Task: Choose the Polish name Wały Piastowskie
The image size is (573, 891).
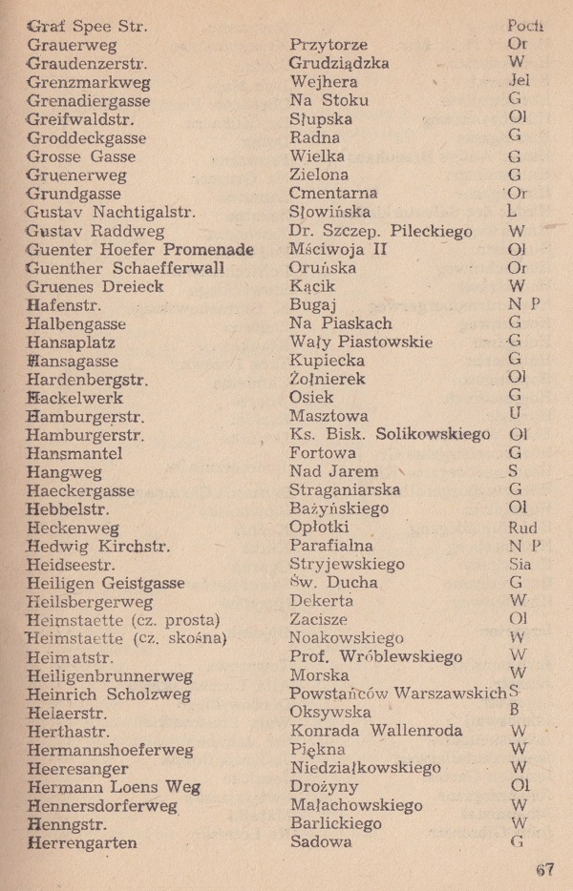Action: click(360, 342)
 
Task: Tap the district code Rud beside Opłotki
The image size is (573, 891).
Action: click(523, 528)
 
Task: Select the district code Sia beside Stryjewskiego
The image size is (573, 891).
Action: click(522, 564)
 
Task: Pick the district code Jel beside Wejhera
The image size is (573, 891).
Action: click(520, 82)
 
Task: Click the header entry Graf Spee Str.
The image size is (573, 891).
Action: click(88, 27)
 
